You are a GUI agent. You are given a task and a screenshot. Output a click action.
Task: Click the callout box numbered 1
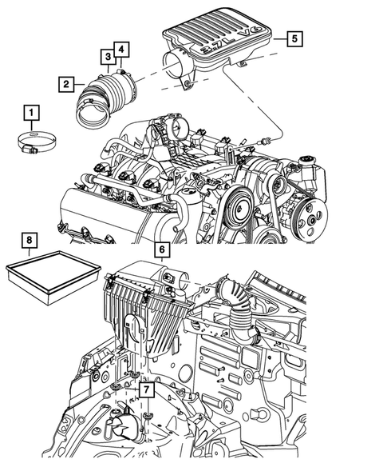(31, 113)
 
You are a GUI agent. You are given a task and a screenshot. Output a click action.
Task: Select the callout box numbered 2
(66, 84)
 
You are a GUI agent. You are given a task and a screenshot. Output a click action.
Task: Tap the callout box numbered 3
(108, 57)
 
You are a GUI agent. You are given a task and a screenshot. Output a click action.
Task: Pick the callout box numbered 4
(121, 50)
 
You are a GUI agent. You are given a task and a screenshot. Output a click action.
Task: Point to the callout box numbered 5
(294, 38)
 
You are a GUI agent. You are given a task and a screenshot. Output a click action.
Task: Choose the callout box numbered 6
(162, 249)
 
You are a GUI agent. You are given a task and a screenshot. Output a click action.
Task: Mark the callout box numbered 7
(146, 389)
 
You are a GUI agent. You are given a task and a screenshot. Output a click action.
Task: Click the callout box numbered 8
(30, 241)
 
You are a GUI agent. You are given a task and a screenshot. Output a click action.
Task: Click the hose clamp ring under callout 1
(37, 142)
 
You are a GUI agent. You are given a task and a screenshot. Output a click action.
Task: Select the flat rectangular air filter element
(53, 277)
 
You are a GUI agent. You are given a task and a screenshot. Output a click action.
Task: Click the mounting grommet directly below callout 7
(147, 417)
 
